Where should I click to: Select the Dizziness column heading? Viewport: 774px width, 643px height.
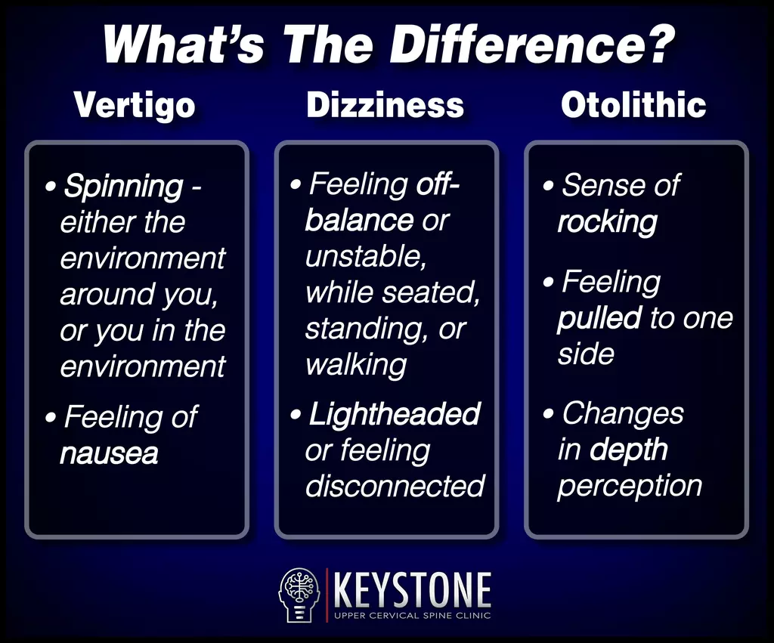click(x=385, y=105)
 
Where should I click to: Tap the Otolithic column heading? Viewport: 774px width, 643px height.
click(x=633, y=105)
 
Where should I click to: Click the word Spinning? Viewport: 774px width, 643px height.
click(x=123, y=187)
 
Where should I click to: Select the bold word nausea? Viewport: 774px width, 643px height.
click(x=109, y=454)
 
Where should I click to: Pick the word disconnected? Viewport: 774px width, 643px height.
click(x=395, y=486)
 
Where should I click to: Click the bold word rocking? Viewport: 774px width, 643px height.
click(x=607, y=223)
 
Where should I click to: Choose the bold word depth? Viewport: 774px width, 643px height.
click(x=628, y=450)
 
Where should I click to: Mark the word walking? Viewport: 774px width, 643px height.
click(x=356, y=365)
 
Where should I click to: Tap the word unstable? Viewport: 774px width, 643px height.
click(x=366, y=257)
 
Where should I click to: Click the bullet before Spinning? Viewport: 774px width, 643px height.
click(x=50, y=187)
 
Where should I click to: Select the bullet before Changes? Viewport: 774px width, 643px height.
click(x=548, y=413)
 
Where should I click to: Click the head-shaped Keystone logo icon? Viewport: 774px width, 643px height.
click(x=299, y=595)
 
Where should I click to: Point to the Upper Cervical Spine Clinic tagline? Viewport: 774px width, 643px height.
click(x=413, y=615)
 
